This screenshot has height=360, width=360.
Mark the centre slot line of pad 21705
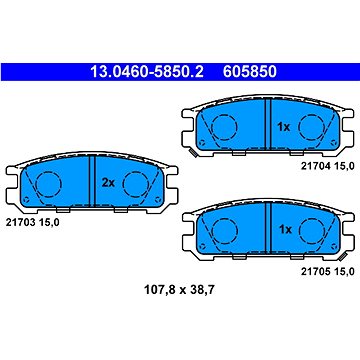tap(270, 230)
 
